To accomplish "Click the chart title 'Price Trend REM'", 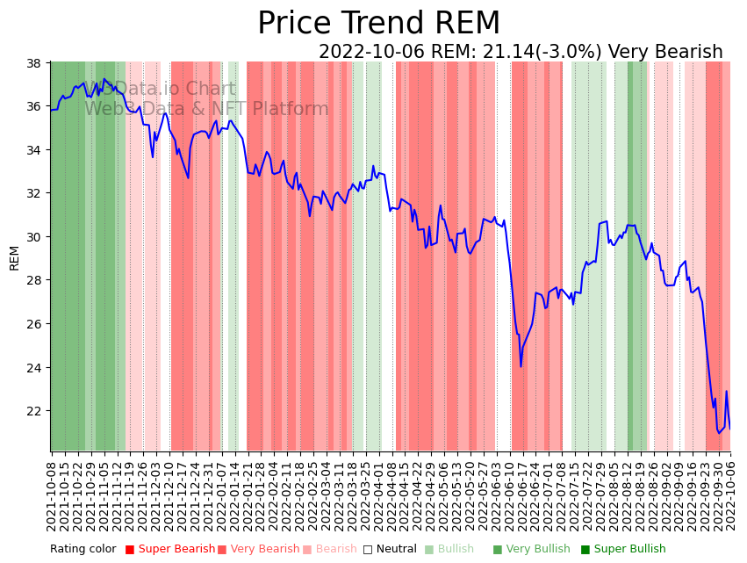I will (378, 24).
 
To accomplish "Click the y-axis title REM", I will (14, 257).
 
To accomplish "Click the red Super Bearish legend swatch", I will (130, 550).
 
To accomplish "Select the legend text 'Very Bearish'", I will (265, 550).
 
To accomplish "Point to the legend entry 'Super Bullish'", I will (629, 550).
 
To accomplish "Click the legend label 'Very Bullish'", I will (537, 550).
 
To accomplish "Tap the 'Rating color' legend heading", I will (83, 550).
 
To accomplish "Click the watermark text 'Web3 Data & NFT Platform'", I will (206, 109).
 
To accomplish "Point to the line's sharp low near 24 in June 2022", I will (521, 365).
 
